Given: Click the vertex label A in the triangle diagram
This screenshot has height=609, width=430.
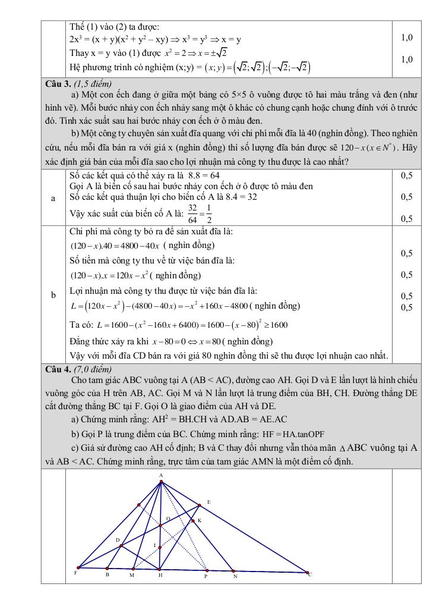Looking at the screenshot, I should point(161,475).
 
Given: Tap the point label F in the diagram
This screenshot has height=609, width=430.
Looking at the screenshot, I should point(75,573).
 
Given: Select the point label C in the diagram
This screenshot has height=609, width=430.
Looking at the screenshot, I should point(310,574).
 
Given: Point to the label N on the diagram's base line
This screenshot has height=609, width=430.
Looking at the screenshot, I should point(235,576).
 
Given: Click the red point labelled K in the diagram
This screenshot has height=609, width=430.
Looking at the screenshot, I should point(192,521).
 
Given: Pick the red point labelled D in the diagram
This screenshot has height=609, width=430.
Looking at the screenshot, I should point(121,545).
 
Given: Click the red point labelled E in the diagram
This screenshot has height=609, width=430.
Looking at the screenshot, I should point(200,506).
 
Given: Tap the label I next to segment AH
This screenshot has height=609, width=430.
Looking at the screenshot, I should point(154,545).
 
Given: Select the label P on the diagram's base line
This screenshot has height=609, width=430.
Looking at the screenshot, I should point(205,576).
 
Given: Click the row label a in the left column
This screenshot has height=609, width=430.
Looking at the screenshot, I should point(53,197).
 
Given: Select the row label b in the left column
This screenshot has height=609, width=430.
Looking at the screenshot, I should point(53,295).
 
